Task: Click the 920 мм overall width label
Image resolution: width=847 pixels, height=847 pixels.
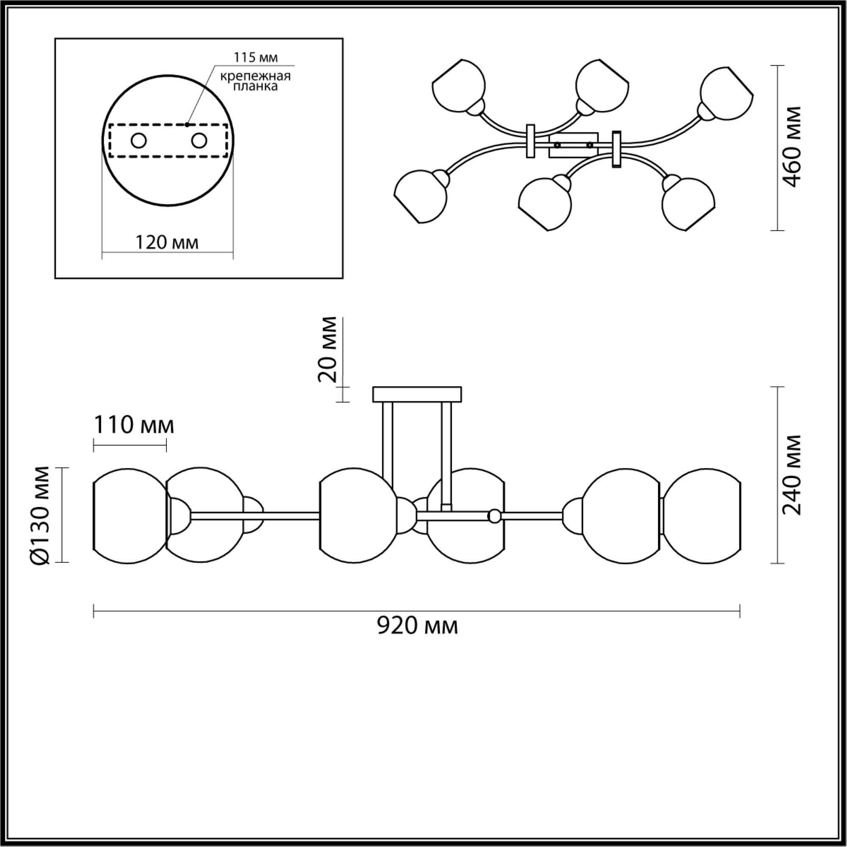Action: [418, 626]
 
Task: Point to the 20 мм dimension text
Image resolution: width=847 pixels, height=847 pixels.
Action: [328, 349]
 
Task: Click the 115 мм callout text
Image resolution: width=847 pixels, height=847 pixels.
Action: [256, 57]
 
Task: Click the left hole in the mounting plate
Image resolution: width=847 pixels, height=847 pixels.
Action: [139, 141]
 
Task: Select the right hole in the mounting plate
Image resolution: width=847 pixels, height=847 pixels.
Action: [199, 141]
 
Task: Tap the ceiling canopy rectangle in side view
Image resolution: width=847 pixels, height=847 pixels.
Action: [417, 394]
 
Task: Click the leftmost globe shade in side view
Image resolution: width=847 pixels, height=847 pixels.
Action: [130, 515]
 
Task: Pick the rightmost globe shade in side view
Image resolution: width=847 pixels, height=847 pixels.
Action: [703, 515]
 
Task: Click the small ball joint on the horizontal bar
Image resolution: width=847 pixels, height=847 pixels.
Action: [495, 515]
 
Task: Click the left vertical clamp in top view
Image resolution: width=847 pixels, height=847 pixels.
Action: [531, 141]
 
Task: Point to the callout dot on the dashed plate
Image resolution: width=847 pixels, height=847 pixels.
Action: [187, 125]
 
